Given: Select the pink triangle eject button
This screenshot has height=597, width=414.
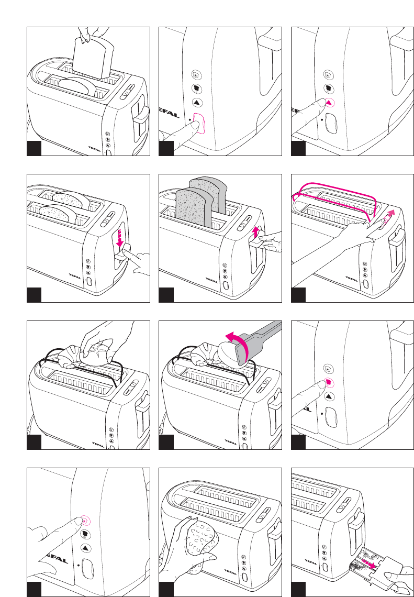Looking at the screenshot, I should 329,103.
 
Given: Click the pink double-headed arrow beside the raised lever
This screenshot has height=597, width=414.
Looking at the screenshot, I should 256,231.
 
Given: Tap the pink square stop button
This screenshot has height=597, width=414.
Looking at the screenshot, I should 328,383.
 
